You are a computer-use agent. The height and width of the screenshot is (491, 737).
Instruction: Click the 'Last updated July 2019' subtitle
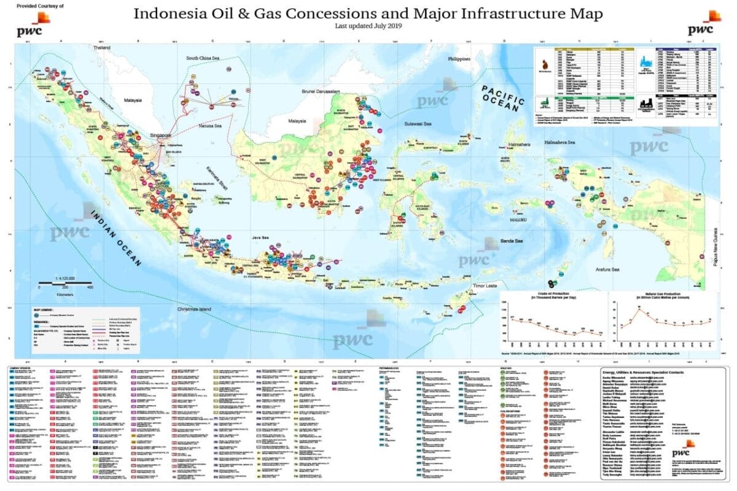(368, 26)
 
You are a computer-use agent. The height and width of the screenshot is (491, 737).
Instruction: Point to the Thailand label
(101, 47)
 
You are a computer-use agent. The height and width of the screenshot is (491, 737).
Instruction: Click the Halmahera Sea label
(558, 142)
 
